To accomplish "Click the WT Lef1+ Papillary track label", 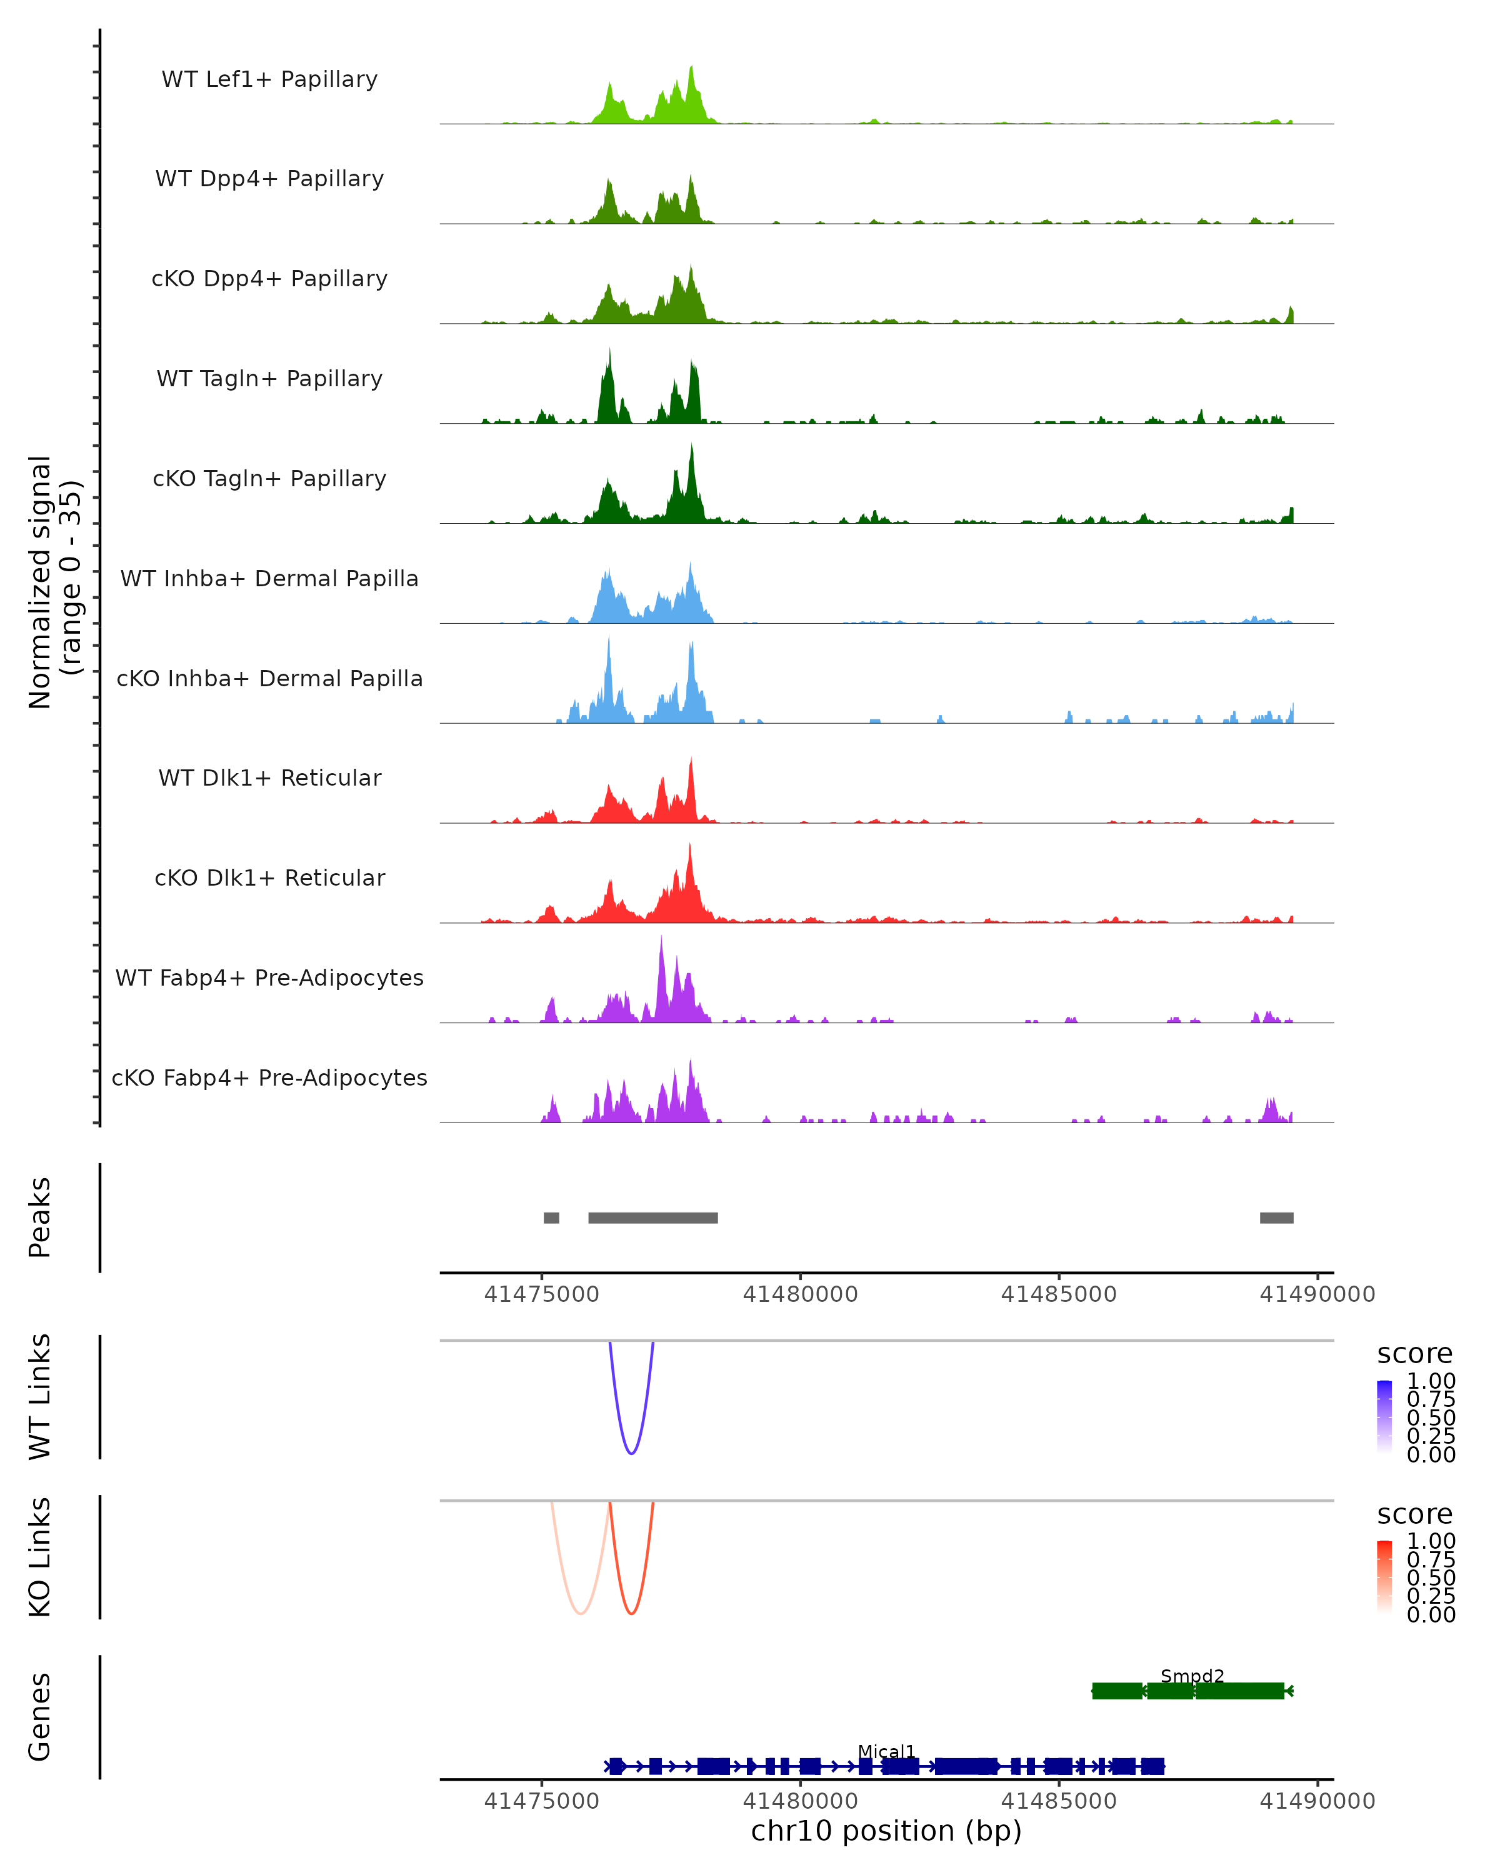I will click(269, 79).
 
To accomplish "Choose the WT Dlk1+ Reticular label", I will click(269, 777).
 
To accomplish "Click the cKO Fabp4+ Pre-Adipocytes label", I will click(269, 1077).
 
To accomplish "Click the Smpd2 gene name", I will click(1192, 1676).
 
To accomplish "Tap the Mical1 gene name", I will click(886, 1751).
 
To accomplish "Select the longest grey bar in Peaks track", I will click(653, 1217).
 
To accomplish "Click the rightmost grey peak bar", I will click(1276, 1217).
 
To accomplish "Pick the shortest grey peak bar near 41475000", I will click(551, 1217).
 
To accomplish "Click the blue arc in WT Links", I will click(631, 1453).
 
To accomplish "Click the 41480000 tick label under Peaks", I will click(800, 1294).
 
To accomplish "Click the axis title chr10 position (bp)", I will click(886, 1831).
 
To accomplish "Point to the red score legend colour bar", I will click(1384, 1577).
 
